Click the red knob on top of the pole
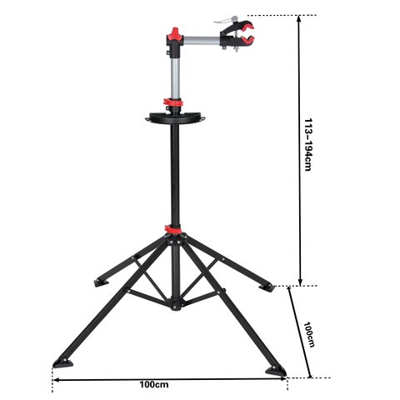point(176,35)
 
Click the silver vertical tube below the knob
point(176,71)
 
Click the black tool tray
point(176,118)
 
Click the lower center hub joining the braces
point(175,306)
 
